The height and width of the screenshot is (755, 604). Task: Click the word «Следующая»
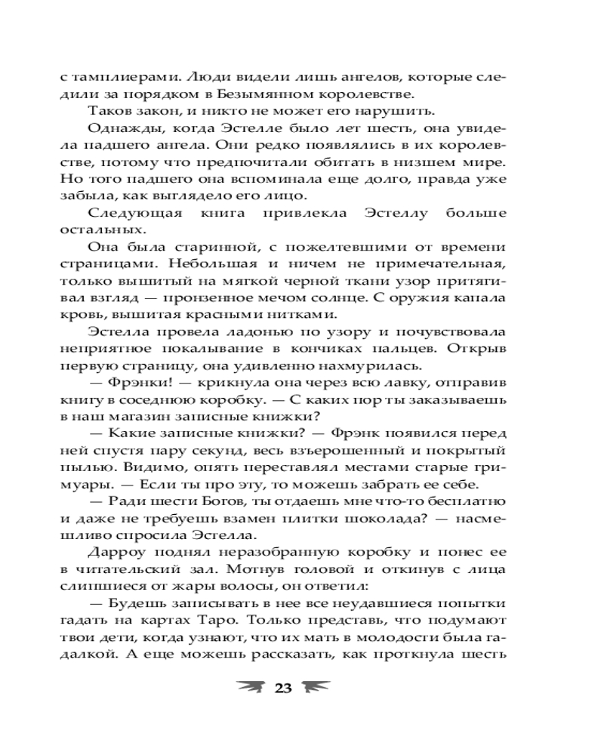click(x=135, y=214)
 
